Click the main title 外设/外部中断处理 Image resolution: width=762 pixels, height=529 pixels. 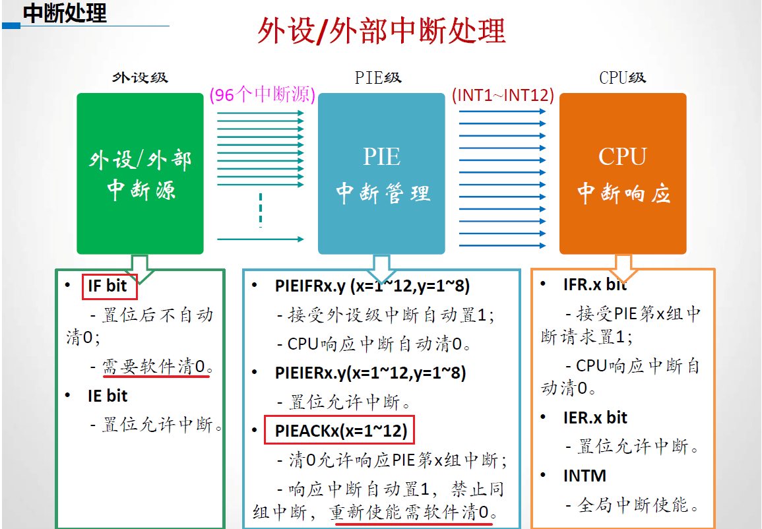[x=381, y=32]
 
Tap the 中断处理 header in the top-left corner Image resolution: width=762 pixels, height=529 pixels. [x=65, y=13]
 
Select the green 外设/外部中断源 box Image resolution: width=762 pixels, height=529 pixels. [x=140, y=173]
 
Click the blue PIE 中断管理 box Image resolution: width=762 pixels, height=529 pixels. [x=381, y=173]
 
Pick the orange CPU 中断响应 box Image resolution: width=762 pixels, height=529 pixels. [x=623, y=173]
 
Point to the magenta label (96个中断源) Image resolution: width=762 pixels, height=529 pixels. [x=262, y=95]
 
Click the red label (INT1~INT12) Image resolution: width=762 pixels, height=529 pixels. [x=503, y=95]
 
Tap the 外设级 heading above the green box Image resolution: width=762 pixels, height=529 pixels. [x=140, y=78]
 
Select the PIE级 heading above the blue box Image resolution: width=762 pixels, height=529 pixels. [x=378, y=78]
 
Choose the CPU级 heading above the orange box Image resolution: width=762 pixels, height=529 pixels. [x=622, y=78]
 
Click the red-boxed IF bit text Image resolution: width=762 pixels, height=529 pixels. [x=108, y=286]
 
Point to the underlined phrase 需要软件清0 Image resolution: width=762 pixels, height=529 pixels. [x=156, y=367]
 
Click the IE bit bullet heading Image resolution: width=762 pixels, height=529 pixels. [x=107, y=396]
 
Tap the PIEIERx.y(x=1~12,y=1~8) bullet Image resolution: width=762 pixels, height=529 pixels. [x=370, y=373]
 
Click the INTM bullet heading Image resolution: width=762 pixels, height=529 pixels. [x=585, y=476]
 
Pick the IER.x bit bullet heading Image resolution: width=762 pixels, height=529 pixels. [x=595, y=418]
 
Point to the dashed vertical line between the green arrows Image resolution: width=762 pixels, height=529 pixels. [x=261, y=210]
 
